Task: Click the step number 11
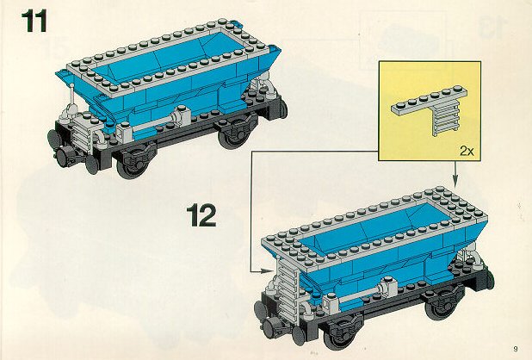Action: (x=34, y=22)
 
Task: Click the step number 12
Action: (x=201, y=215)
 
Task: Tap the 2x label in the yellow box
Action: (x=467, y=151)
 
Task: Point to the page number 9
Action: (x=516, y=349)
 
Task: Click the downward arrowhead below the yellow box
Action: (x=455, y=182)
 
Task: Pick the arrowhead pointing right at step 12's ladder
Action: (x=266, y=270)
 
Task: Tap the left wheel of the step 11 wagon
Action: (x=133, y=164)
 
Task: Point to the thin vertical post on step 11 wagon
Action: (x=72, y=96)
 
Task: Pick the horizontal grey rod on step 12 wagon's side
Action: (x=361, y=296)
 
